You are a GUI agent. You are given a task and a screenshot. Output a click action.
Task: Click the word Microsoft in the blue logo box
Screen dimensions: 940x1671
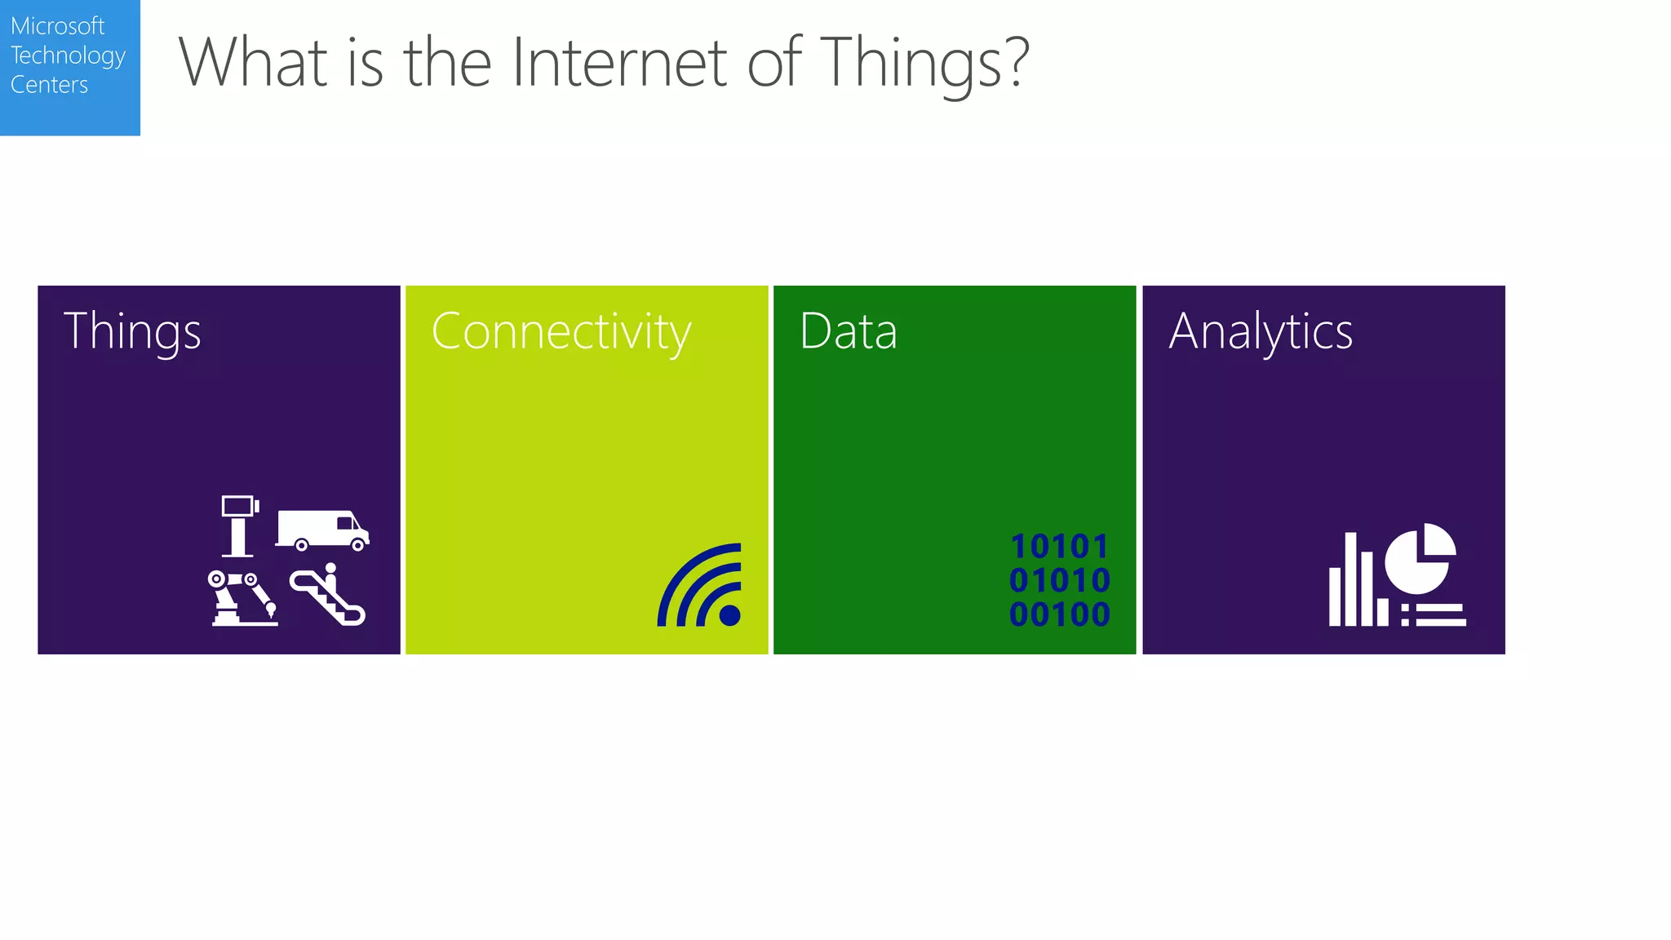57,26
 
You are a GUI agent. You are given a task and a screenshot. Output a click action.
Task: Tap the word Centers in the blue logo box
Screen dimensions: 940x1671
49,85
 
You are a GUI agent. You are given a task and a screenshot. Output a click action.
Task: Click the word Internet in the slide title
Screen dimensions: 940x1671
618,63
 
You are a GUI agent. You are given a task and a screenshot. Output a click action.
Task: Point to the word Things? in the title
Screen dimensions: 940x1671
924,63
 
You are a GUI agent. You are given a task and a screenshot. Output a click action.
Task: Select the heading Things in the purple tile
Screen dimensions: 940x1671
132,332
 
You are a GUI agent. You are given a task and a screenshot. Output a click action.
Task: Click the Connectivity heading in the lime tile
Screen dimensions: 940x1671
561,332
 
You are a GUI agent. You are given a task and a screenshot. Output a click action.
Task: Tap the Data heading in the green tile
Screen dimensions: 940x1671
849,331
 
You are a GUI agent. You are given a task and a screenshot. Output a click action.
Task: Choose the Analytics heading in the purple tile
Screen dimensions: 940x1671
1261,332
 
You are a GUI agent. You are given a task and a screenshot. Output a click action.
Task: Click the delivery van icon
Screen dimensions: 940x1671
322,530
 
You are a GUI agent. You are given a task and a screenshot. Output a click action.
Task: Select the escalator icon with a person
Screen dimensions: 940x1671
328,595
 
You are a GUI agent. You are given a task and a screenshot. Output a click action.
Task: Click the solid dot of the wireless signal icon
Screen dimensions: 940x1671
730,615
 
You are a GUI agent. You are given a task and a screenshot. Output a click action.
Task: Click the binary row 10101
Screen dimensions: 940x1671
1059,547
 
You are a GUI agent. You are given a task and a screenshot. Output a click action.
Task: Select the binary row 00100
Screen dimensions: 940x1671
1059,614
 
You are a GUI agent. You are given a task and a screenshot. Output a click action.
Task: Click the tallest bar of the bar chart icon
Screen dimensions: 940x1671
1350,579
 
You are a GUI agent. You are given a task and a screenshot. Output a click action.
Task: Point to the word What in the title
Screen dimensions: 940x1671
253,63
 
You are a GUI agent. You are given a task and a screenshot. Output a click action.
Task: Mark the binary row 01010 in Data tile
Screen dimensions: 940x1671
1059,581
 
